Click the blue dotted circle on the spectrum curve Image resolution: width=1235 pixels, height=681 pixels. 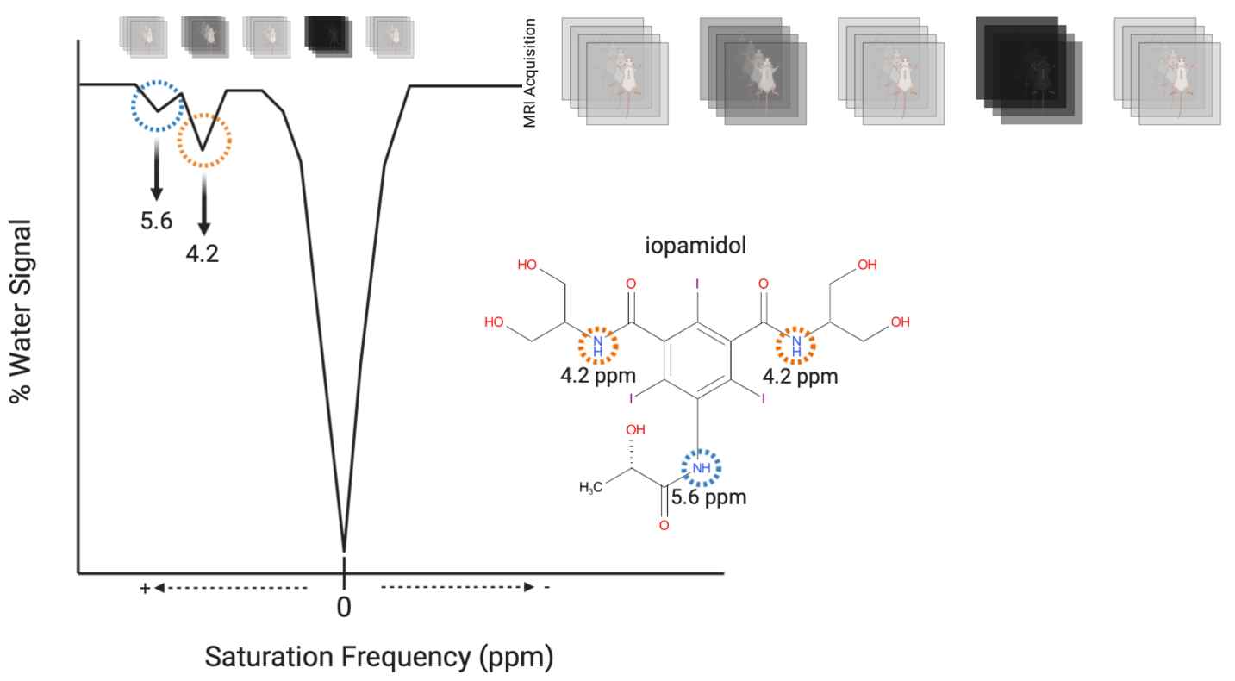[x=157, y=106]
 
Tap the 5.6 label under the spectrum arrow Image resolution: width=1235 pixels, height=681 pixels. [x=157, y=222]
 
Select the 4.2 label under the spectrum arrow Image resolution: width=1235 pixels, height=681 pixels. [x=203, y=255]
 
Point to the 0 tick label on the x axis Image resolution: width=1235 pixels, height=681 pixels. [x=344, y=607]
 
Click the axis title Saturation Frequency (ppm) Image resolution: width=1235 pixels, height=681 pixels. [x=378, y=658]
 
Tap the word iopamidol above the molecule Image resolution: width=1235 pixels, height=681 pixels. [x=695, y=245]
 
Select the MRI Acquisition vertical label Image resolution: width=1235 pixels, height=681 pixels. [x=530, y=73]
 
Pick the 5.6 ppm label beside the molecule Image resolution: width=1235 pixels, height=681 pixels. [x=708, y=497]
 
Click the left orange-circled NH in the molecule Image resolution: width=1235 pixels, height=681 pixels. [x=597, y=345]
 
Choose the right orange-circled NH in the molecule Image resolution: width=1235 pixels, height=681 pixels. [x=796, y=345]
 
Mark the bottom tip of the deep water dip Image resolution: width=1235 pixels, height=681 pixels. [x=345, y=548]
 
